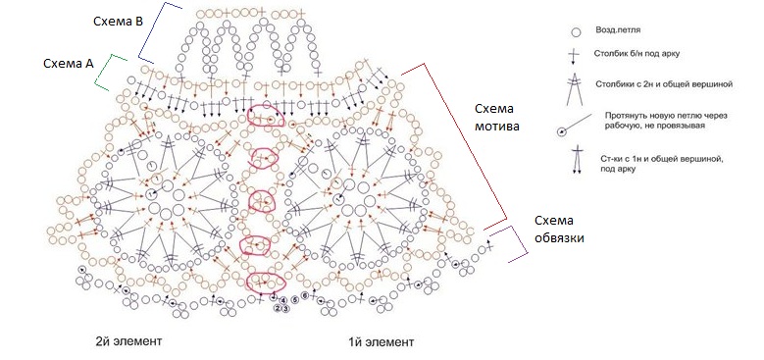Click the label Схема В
tap(118, 22)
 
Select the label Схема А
tap(69, 64)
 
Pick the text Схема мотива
tap(496, 117)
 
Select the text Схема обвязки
tap(559, 230)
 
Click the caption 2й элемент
tap(128, 341)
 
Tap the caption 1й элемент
tap(382, 341)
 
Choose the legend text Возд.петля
tap(617, 29)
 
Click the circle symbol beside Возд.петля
tap(576, 32)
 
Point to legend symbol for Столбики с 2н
tap(575, 88)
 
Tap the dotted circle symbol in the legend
tap(562, 131)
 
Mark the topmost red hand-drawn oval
tap(266, 115)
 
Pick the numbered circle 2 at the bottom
tap(278, 308)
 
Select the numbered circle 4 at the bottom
tap(283, 300)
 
